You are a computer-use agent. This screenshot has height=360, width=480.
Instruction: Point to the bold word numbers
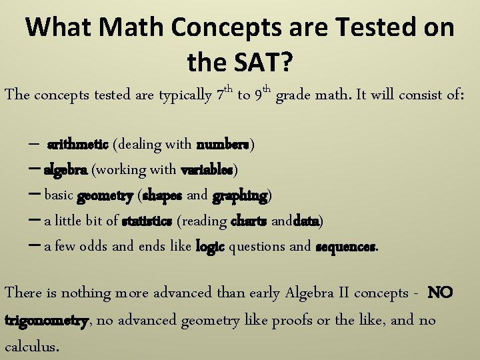tap(223, 144)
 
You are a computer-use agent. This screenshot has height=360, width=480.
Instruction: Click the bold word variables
tap(207, 169)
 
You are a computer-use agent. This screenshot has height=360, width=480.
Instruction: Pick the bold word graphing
tap(240, 195)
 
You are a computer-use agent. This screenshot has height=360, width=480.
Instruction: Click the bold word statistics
tap(147, 221)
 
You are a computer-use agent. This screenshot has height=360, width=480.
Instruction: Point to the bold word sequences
tap(345, 246)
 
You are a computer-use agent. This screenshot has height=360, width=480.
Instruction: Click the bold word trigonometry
tap(46, 321)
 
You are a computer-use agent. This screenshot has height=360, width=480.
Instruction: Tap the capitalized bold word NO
tap(440, 293)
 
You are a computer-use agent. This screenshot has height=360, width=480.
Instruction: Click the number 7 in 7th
tap(221, 95)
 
